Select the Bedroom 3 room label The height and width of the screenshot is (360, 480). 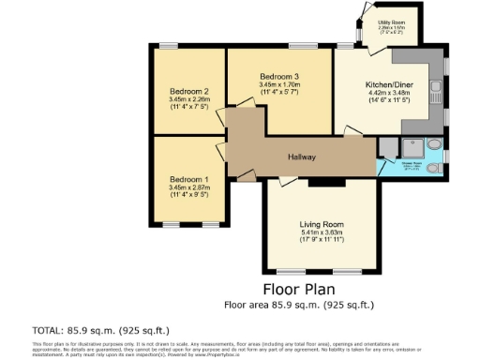[x=279, y=76]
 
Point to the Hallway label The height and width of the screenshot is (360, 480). [x=301, y=157]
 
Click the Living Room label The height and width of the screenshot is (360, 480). [x=322, y=225]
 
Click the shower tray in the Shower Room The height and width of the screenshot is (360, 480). [x=412, y=148]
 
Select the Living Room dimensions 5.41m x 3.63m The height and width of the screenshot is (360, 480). [x=322, y=233]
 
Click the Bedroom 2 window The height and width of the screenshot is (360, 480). [x=169, y=45]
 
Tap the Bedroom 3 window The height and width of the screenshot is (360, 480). [x=301, y=45]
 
